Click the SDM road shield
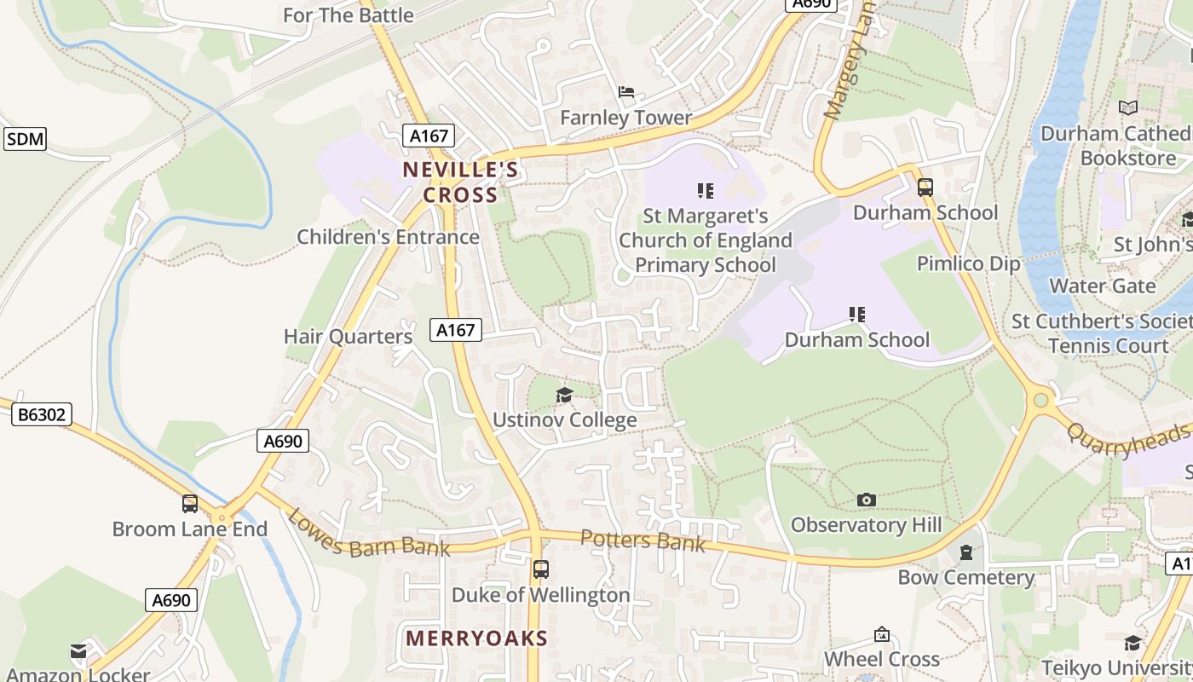[x=25, y=139]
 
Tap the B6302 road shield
[x=42, y=415]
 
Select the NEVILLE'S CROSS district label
[x=461, y=182]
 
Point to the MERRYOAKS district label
[x=476, y=638]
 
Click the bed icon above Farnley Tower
[x=626, y=92]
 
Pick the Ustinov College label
[x=564, y=420]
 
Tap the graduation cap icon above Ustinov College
[x=564, y=395]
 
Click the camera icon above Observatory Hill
[x=866, y=500]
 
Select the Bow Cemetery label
[x=965, y=578]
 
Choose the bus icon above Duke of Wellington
[x=540, y=569]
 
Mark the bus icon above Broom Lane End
[x=189, y=504]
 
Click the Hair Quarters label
[x=348, y=337]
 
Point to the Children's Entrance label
[x=388, y=237]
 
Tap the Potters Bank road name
[x=643, y=540]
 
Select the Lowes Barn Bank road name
[x=368, y=534]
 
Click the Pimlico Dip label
[x=968, y=263]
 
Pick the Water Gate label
[x=1103, y=286]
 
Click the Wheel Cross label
[x=881, y=659]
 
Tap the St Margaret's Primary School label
[x=706, y=240]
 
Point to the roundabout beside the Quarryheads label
[x=1040, y=399]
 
